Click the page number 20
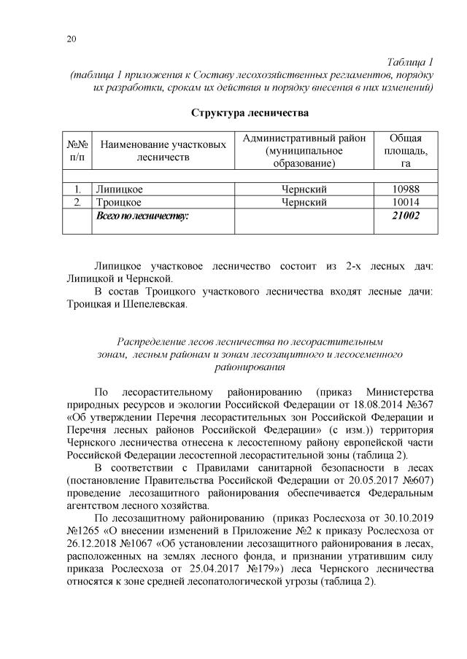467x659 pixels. [x=69, y=39]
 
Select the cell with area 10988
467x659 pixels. [x=405, y=189]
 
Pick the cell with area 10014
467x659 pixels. [x=405, y=202]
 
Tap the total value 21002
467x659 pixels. [x=405, y=217]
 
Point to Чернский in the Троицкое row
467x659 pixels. [x=304, y=202]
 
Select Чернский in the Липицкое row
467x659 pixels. [x=304, y=189]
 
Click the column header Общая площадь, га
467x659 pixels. [x=405, y=151]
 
